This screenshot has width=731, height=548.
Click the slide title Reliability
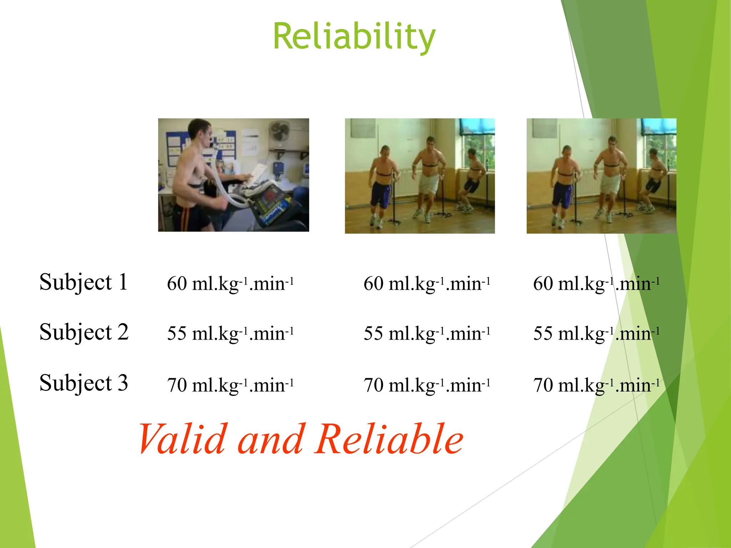354,36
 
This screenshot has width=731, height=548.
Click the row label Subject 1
84,282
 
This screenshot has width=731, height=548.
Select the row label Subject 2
84,332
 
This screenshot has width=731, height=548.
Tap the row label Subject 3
84,383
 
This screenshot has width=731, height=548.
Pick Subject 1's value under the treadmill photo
230,284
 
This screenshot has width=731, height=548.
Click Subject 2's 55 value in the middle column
427,334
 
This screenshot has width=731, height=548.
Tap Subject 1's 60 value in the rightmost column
596,284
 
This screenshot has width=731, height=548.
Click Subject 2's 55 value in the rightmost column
596,334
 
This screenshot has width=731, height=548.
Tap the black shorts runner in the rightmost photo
655,178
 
